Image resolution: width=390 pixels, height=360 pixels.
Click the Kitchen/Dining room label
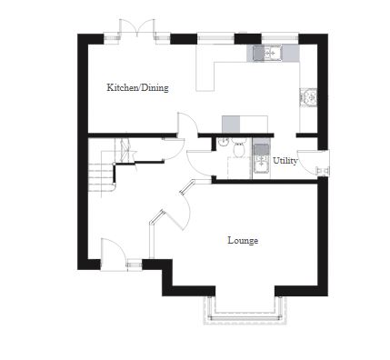pos(137,88)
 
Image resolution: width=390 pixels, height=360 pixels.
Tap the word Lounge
pos(243,241)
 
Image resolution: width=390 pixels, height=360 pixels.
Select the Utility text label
pos(285,160)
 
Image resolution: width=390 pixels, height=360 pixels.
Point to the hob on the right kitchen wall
pos(310,95)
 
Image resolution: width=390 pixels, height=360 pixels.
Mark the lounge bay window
pos(245,314)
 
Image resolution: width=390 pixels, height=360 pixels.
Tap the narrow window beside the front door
pos(135,265)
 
